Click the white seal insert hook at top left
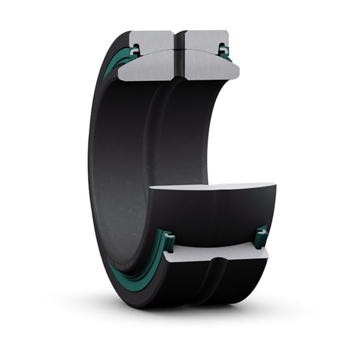pos(134,50)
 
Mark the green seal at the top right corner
pos(224,51)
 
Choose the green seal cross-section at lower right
pos(261,235)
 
